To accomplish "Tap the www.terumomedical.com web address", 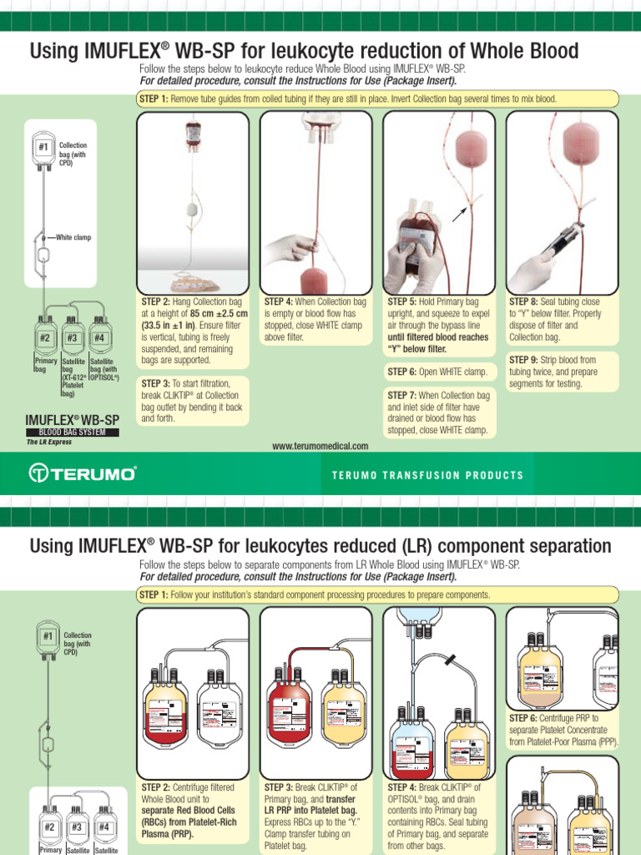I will tap(320, 447).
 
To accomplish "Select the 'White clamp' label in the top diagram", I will tap(73, 237).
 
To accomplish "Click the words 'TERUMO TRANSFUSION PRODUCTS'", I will tap(427, 475).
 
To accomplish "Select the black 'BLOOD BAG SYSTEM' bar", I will tap(73, 433).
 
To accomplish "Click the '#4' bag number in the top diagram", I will tap(98, 338).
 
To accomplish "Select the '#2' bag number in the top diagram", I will tap(46, 338).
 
